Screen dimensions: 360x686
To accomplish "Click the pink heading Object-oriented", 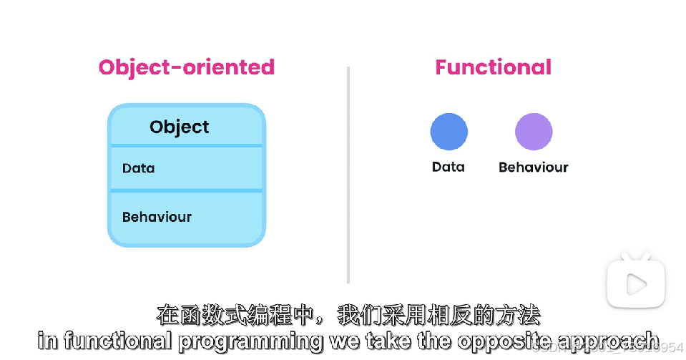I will click(x=186, y=67).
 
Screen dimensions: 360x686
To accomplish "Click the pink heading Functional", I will click(x=493, y=67).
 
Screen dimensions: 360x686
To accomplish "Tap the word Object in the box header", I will click(x=179, y=127).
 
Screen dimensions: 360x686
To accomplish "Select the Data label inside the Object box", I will click(x=138, y=168).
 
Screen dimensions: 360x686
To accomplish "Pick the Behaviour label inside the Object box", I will click(x=157, y=217).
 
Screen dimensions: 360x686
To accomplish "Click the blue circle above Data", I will click(x=449, y=132).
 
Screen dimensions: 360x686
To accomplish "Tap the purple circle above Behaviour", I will click(x=534, y=132).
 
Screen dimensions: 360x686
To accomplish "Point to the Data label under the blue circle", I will click(x=448, y=167).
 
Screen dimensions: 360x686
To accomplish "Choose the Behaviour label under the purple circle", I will click(x=533, y=167).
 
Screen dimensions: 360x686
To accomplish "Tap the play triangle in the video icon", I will click(x=635, y=284).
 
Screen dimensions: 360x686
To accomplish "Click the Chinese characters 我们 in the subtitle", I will click(x=358, y=316).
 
